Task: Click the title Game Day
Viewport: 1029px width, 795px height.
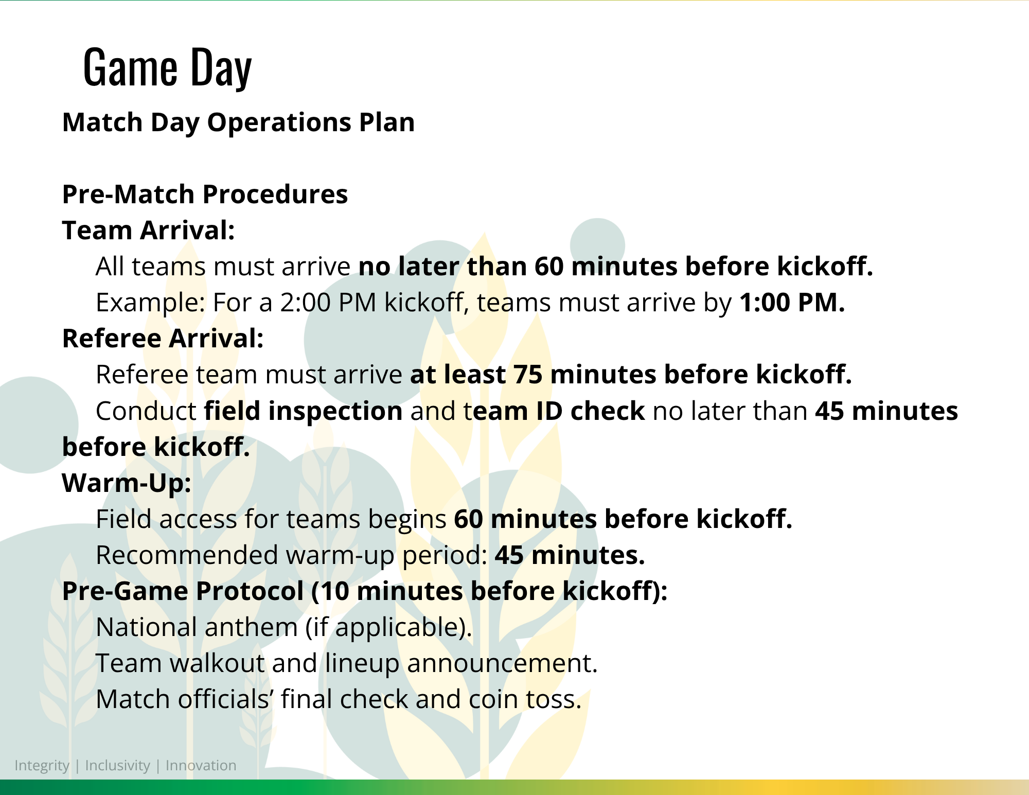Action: [167, 67]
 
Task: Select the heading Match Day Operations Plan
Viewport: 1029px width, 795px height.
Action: [238, 123]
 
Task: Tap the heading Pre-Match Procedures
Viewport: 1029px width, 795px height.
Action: [205, 195]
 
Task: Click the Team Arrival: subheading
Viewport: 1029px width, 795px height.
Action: [148, 230]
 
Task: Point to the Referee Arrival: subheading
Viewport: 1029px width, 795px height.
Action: [163, 339]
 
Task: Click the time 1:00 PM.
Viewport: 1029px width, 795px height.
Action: [792, 303]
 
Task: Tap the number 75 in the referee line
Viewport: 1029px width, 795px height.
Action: [528, 375]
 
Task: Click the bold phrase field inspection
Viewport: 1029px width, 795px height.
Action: [304, 411]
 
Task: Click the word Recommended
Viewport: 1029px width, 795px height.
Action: [187, 555]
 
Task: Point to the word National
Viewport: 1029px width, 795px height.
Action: [145, 627]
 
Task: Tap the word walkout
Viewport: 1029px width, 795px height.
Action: [217, 663]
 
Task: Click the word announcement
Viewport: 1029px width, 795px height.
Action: [502, 663]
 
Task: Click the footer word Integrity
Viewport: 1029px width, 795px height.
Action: [42, 766]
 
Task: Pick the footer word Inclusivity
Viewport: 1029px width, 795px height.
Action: [117, 766]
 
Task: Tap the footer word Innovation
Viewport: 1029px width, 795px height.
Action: [201, 766]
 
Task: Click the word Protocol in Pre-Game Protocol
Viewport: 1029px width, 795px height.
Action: [250, 591]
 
